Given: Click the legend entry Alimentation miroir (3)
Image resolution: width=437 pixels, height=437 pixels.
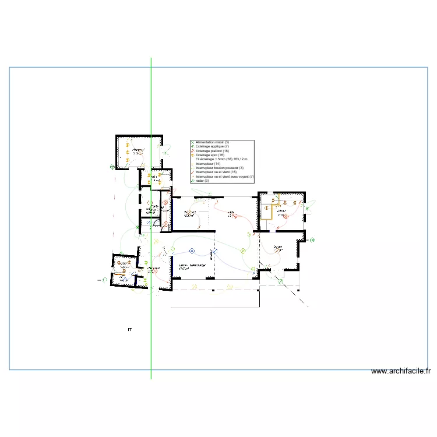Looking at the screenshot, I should tap(212, 142).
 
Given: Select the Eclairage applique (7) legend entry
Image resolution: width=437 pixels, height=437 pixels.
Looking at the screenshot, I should tap(212, 146).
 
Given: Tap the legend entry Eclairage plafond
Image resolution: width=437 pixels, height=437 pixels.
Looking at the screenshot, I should tap(212, 151).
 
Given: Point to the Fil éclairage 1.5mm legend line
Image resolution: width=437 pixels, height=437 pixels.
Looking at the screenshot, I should tap(221, 159).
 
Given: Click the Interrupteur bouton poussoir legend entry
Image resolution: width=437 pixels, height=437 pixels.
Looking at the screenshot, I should tap(219, 168).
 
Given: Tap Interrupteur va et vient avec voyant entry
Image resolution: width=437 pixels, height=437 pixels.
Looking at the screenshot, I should tap(224, 177).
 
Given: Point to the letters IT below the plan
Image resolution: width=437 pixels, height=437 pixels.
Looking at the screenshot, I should tap(129, 330).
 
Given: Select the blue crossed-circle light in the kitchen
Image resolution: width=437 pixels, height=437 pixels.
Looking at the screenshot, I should tap(192, 252).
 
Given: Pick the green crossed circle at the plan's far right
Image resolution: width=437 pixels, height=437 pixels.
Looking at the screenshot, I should tap(313, 239).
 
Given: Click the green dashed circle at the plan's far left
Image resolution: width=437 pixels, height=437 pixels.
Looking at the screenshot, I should tap(104, 280).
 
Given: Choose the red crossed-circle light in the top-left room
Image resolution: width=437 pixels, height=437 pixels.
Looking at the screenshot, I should tap(165, 203).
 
